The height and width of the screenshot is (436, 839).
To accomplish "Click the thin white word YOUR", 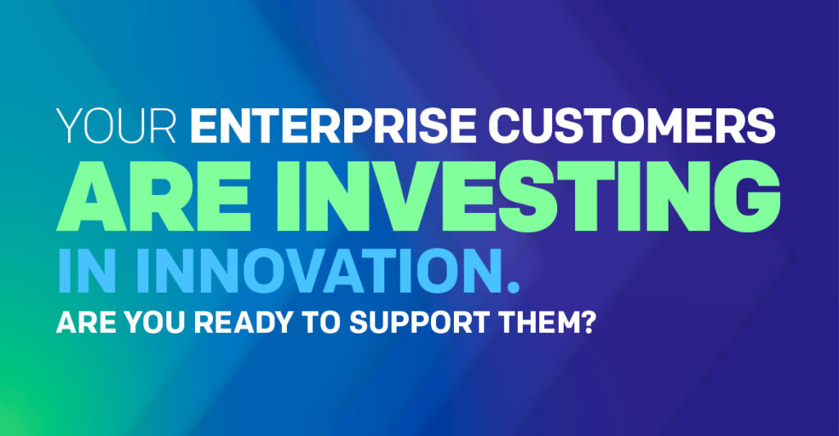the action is click(116, 126).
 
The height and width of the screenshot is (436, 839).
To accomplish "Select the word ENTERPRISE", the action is click(333, 126).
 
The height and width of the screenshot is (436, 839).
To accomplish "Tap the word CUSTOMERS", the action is click(632, 126).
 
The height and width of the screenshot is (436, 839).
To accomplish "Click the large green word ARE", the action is click(153, 197).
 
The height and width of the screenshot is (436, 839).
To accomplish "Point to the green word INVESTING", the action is click(528, 197).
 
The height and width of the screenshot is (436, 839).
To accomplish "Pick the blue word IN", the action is click(87, 270).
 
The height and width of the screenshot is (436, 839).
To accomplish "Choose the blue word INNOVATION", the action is click(320, 270).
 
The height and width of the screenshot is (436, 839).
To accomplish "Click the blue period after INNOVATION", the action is click(514, 287).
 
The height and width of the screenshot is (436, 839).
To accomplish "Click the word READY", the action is click(243, 322).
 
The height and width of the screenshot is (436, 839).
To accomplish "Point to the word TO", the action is click(321, 322).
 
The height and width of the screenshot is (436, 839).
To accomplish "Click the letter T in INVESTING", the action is click(583, 197).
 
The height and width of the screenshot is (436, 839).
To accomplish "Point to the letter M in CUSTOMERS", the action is click(674, 126).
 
